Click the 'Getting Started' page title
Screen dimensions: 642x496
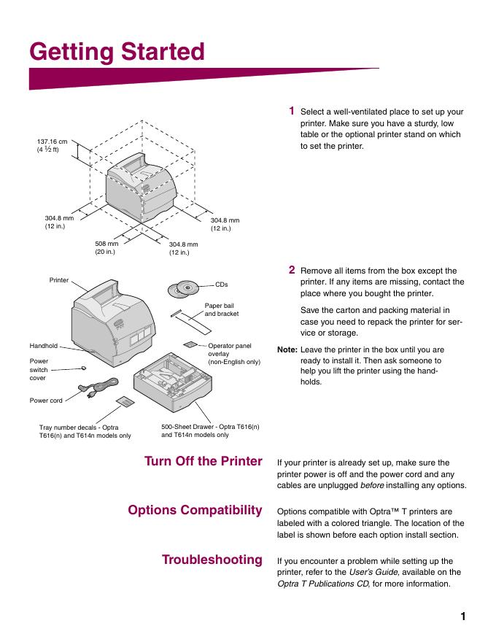click(x=117, y=53)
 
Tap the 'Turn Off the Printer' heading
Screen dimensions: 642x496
click(x=203, y=461)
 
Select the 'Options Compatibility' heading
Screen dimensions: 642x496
click(x=195, y=510)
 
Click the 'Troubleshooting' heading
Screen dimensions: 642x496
click(x=212, y=560)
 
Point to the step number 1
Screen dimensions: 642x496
click(x=291, y=111)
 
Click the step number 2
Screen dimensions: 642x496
click(x=291, y=270)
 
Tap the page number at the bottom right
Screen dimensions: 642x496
click(x=462, y=616)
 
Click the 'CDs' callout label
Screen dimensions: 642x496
click(x=222, y=284)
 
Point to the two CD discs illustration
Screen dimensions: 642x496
click(x=182, y=290)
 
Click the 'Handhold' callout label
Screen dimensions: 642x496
click(x=43, y=346)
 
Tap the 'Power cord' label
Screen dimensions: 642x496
click(x=45, y=401)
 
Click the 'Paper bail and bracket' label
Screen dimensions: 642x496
click(x=220, y=309)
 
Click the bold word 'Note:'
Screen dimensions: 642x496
click(x=287, y=349)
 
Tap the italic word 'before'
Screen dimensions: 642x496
click(x=372, y=486)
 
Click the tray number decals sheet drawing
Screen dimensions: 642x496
click(x=125, y=403)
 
